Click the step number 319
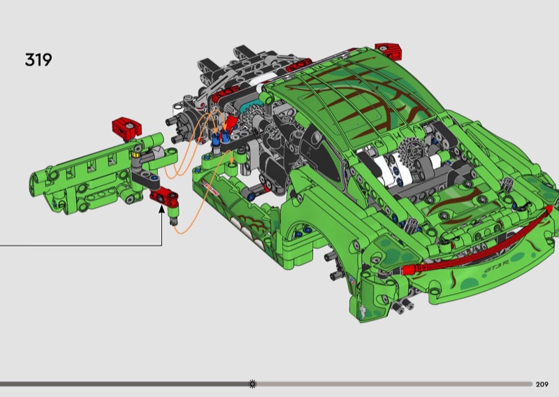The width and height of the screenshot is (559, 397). pos(38,59)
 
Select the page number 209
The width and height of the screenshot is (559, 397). pos(542,384)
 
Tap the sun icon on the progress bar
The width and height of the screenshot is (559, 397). pos(252,384)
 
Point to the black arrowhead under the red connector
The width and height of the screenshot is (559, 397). pos(162,209)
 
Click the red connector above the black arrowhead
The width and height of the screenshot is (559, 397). pos(164,197)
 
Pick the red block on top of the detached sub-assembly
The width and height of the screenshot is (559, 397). pos(126,128)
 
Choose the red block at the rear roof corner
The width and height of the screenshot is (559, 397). pos(389,50)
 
